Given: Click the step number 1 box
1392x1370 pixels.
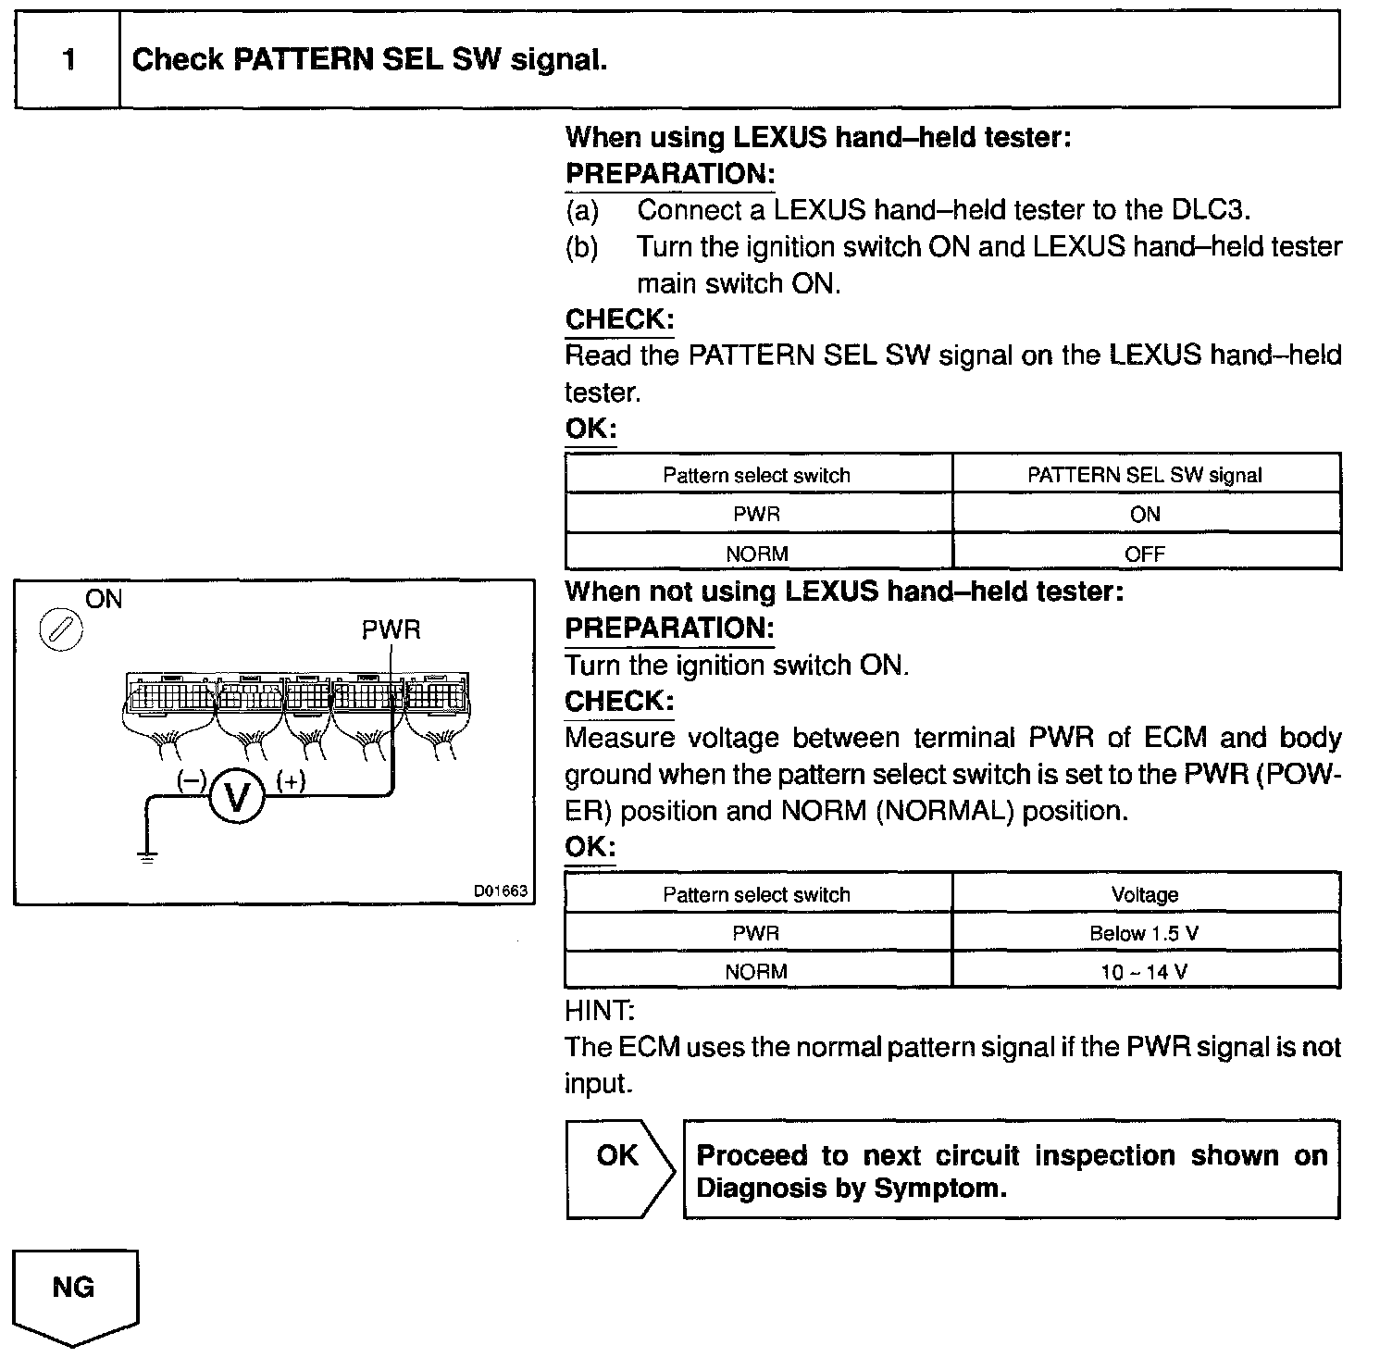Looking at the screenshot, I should pos(68,60).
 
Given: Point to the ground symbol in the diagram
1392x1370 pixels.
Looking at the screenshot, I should pos(146,855).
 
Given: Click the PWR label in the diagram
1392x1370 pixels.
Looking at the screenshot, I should pos(391,630).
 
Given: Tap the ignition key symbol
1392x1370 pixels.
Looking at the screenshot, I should pos(60,631).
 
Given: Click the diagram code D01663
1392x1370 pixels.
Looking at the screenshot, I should pos(500,890).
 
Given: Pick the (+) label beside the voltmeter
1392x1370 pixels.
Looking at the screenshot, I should pos(291,781).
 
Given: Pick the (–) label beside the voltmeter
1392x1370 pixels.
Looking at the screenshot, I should pos(192,781).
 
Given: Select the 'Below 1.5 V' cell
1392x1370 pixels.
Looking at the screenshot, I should pos(1145,933).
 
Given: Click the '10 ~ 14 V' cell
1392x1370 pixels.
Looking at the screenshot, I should pos(1145,972).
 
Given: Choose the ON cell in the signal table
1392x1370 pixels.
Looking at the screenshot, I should pos(1145,515).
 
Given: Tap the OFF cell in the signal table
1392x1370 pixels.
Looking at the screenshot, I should pos(1145,554).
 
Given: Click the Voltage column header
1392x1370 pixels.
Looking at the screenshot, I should pos(1145,894).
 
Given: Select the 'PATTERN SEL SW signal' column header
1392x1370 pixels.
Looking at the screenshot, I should pos(1145,475).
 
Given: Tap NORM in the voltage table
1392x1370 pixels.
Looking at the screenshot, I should pos(756,972).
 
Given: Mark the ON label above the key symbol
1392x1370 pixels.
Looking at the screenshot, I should pos(104,599).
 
